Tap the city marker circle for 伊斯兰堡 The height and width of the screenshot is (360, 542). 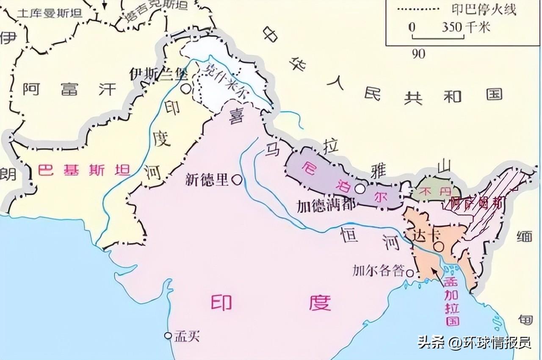(185, 89)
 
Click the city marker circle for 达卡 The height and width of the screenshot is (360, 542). (440, 246)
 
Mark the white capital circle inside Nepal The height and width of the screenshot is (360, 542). (359, 189)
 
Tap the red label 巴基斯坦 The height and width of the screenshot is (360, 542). (83, 170)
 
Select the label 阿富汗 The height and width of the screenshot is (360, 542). (69, 89)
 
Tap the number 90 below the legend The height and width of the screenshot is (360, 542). (418, 54)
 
